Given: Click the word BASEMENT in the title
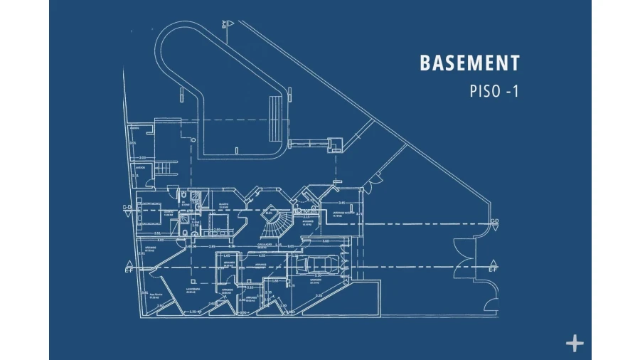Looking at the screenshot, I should [x=469, y=63].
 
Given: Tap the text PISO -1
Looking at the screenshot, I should [x=494, y=92].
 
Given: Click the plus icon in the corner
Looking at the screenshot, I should [x=574, y=344].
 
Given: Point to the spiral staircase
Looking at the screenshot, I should [x=274, y=226].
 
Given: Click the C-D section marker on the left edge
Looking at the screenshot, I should [x=127, y=209].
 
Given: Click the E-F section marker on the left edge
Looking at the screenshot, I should [x=129, y=270].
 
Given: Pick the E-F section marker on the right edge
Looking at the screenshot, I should [x=492, y=268].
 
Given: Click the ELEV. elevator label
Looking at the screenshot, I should [x=270, y=212].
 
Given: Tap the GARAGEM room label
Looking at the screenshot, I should [x=315, y=280].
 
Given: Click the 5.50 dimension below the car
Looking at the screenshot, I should [x=318, y=295].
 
